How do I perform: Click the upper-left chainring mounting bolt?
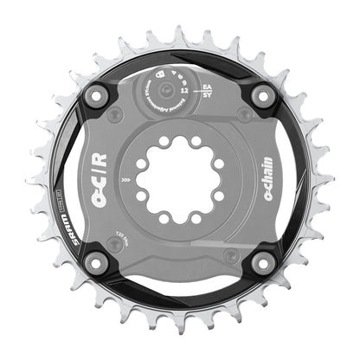click(96, 96)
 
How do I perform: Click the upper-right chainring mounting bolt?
click(263, 96)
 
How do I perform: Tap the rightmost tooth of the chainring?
click(330, 180)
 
